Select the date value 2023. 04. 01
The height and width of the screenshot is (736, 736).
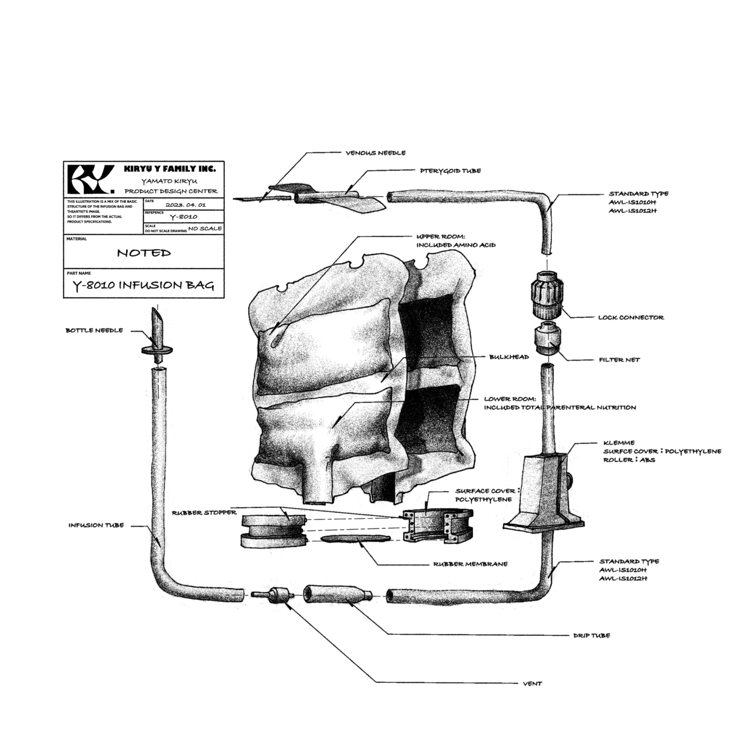pos(186,205)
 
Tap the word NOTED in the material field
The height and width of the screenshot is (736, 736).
pos(144,253)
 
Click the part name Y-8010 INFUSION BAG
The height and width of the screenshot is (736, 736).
pos(143,285)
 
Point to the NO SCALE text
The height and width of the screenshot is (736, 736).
pos(205,229)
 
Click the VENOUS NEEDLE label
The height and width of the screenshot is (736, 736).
pos(375,153)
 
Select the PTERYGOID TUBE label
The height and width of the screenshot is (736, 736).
pos(450,171)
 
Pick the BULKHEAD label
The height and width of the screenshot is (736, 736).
pos(509,357)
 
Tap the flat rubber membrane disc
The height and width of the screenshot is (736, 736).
pos(356,539)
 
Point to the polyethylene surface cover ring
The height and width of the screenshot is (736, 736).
pos(438,525)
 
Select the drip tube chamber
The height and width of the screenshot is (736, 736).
pos(338,594)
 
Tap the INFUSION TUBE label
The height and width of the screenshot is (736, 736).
pos(97,525)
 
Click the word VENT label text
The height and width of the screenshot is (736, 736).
pos(533,684)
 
